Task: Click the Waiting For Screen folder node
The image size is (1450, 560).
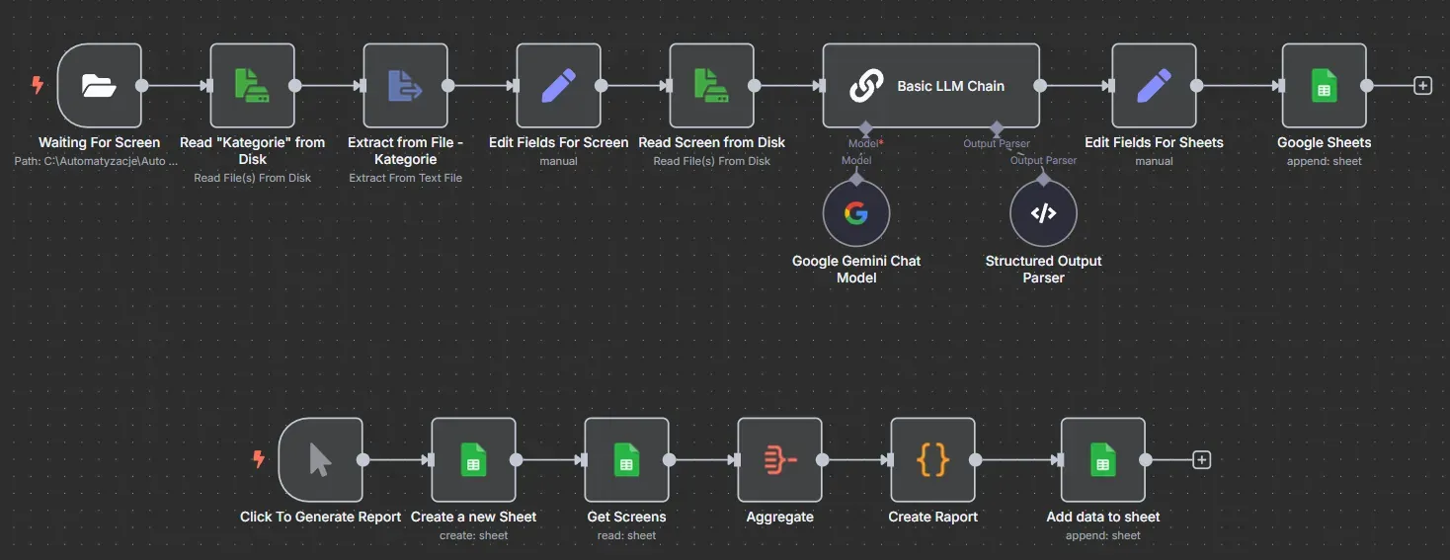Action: (x=99, y=86)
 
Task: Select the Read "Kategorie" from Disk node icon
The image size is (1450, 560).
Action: (x=253, y=86)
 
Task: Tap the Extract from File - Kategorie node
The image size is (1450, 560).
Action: (x=405, y=86)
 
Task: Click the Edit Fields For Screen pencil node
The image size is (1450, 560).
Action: (x=559, y=86)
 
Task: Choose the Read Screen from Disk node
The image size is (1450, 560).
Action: (x=711, y=86)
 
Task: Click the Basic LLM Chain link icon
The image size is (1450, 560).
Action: (x=866, y=86)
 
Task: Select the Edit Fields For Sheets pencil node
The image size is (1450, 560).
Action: (x=1155, y=86)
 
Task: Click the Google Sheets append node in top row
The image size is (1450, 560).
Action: (x=1325, y=86)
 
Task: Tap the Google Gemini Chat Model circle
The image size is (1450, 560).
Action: (x=856, y=213)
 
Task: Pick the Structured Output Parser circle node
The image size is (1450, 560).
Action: (x=1043, y=213)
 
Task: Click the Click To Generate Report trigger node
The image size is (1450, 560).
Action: (x=320, y=459)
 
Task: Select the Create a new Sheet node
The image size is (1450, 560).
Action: (x=474, y=459)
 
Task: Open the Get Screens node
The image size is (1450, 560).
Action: (x=626, y=459)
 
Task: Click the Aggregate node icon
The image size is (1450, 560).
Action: (x=780, y=459)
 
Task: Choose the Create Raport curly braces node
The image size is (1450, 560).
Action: (x=932, y=459)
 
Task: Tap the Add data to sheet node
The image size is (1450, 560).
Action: (x=1103, y=459)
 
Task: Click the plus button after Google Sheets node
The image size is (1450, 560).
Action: (x=1422, y=86)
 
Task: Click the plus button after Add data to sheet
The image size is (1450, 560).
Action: (x=1201, y=459)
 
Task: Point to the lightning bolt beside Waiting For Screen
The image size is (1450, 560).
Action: (x=38, y=84)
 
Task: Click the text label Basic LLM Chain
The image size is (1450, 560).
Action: (x=951, y=86)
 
